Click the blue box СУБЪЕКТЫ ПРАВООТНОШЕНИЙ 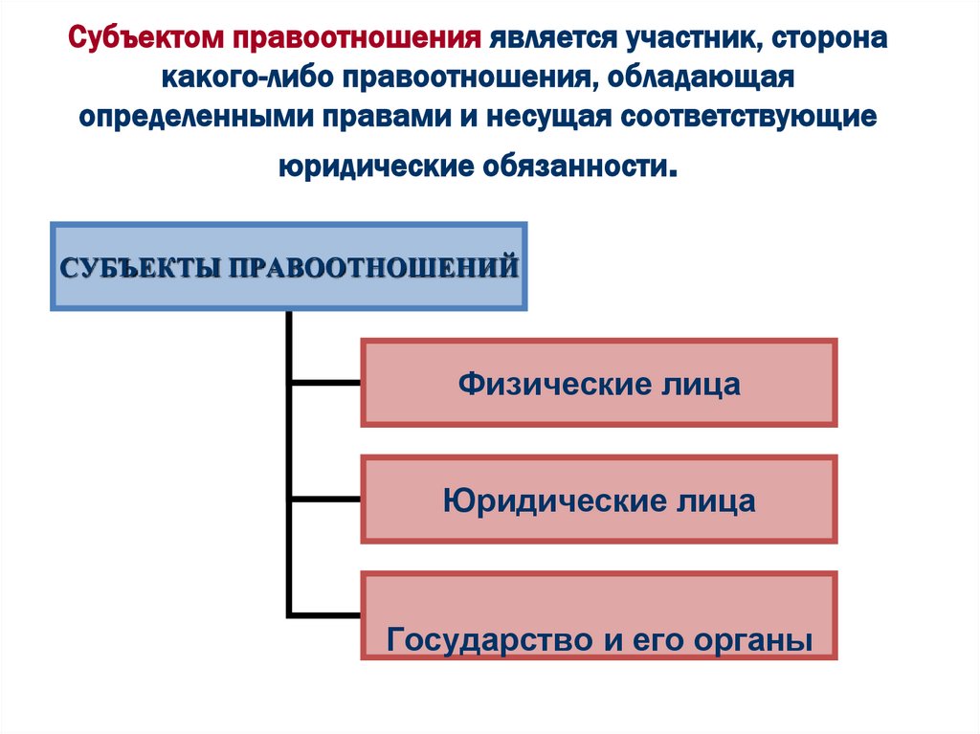tap(289, 266)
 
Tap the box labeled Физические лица tap(599, 383)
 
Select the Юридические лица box tap(599, 500)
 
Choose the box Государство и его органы tap(599, 616)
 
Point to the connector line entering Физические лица tap(325, 383)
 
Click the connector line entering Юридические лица tap(325, 499)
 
